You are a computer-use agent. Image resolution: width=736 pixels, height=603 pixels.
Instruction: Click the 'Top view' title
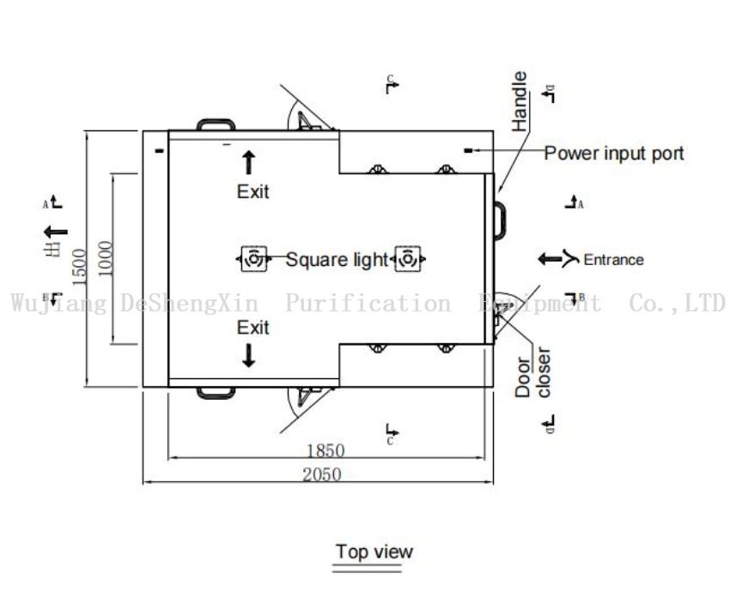coord(374,552)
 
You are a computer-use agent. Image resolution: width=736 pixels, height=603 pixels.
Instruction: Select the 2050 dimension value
coord(320,474)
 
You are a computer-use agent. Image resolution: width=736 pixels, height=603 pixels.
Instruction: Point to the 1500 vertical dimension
coord(79,266)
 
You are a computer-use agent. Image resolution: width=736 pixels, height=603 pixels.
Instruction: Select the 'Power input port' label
coord(614,154)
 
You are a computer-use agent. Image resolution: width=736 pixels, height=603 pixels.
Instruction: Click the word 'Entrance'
coord(613,259)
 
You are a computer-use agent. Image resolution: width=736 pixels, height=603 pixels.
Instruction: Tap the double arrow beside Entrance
coord(557,258)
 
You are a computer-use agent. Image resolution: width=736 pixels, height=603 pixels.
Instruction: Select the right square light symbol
coord(407,258)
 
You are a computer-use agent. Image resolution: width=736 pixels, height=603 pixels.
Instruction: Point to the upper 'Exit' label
coord(252,191)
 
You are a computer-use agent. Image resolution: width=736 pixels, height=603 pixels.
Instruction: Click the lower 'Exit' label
coord(252,328)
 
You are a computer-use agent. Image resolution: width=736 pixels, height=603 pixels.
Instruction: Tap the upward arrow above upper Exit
coord(249,161)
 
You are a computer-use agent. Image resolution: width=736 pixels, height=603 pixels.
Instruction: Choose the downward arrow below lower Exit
coord(249,356)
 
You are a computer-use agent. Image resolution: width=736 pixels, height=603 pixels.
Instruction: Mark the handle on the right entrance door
coord(501,220)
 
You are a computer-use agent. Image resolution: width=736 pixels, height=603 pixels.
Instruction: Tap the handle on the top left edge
coord(215,124)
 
